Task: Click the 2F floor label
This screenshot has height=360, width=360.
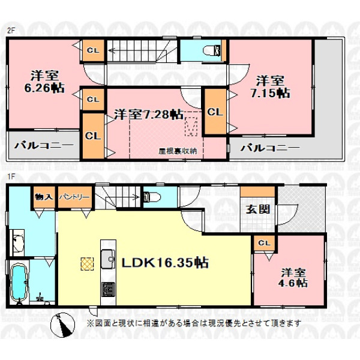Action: [11, 31]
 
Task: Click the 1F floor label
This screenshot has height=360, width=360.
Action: [11, 176]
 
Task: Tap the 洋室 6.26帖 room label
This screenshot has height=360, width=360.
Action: [44, 82]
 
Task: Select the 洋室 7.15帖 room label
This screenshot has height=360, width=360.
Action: [270, 87]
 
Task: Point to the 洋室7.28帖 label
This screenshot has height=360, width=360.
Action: [149, 114]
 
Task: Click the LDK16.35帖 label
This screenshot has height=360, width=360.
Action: [165, 263]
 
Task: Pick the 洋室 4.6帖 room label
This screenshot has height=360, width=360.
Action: [293, 278]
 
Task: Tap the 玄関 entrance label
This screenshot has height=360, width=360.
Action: [257, 209]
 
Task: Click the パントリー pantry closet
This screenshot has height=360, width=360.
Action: [74, 197]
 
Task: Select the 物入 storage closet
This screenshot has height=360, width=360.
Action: [44, 197]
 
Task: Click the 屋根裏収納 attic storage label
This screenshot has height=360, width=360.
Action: [178, 151]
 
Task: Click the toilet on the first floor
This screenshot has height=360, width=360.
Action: [152, 197]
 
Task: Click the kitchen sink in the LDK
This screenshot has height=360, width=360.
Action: [109, 259]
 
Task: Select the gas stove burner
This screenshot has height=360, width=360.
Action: [109, 290]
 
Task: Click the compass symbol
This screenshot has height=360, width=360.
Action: [62, 325]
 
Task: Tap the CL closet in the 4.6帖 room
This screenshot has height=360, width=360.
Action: [265, 244]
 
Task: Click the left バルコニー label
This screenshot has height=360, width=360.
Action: [44, 145]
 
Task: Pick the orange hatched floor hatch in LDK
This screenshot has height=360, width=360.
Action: [87, 264]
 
